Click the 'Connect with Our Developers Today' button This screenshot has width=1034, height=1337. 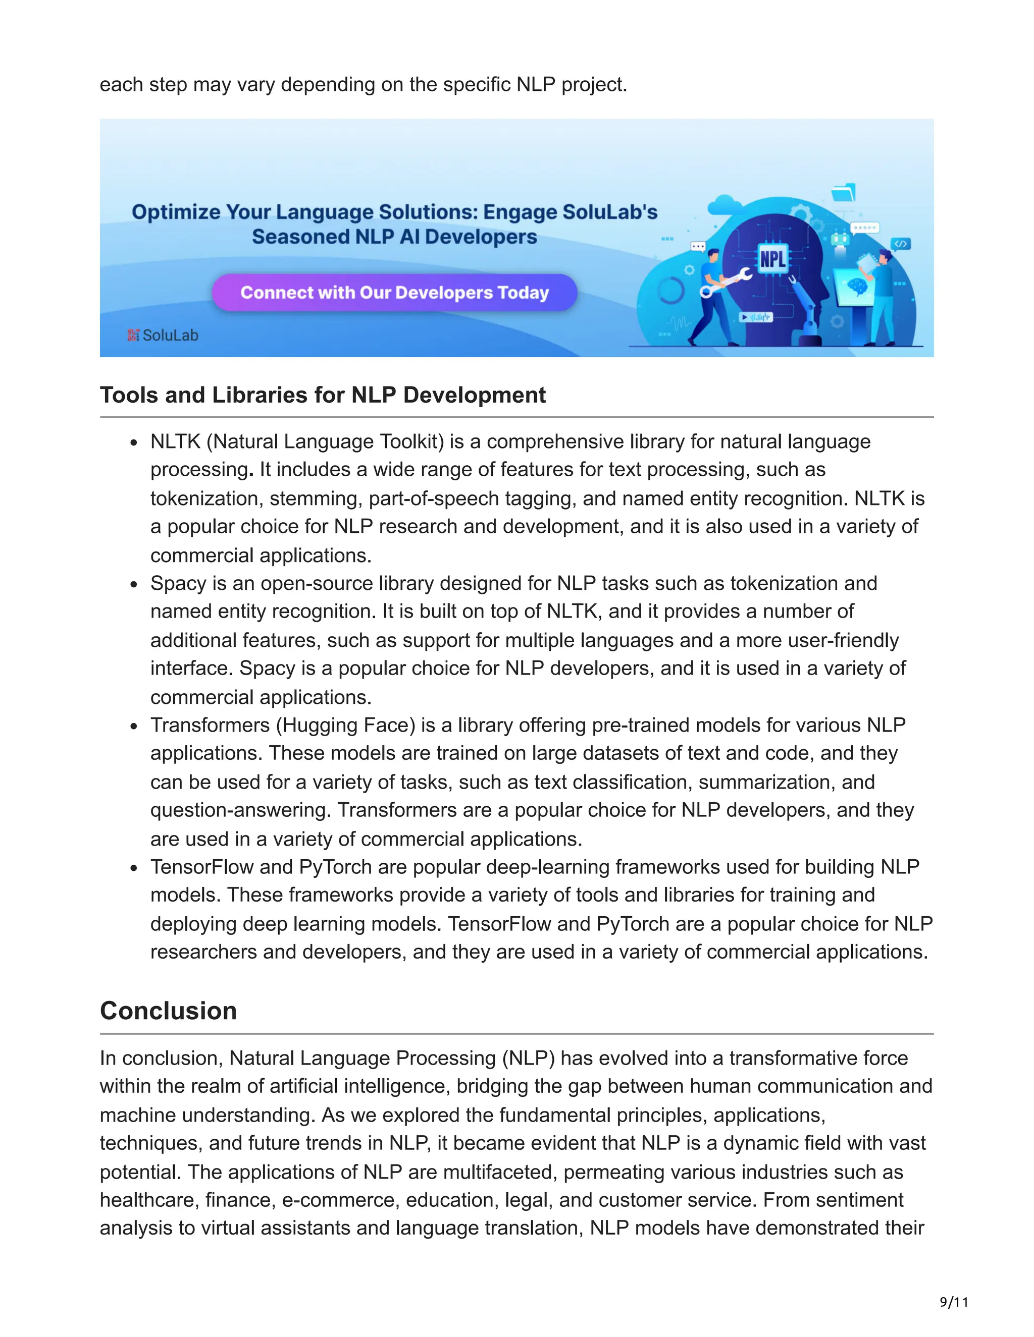click(x=394, y=293)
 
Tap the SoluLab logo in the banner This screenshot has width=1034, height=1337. click(x=163, y=335)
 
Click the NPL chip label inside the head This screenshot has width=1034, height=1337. click(x=772, y=259)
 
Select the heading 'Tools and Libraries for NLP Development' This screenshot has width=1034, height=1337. click(x=322, y=395)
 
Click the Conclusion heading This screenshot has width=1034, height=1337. click(x=169, y=1011)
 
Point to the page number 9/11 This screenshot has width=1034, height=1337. click(x=954, y=1302)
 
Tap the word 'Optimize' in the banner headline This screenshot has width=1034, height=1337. click(x=176, y=212)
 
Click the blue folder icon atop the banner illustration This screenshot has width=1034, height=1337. click(x=844, y=192)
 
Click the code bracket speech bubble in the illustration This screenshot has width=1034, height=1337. click(x=901, y=244)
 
